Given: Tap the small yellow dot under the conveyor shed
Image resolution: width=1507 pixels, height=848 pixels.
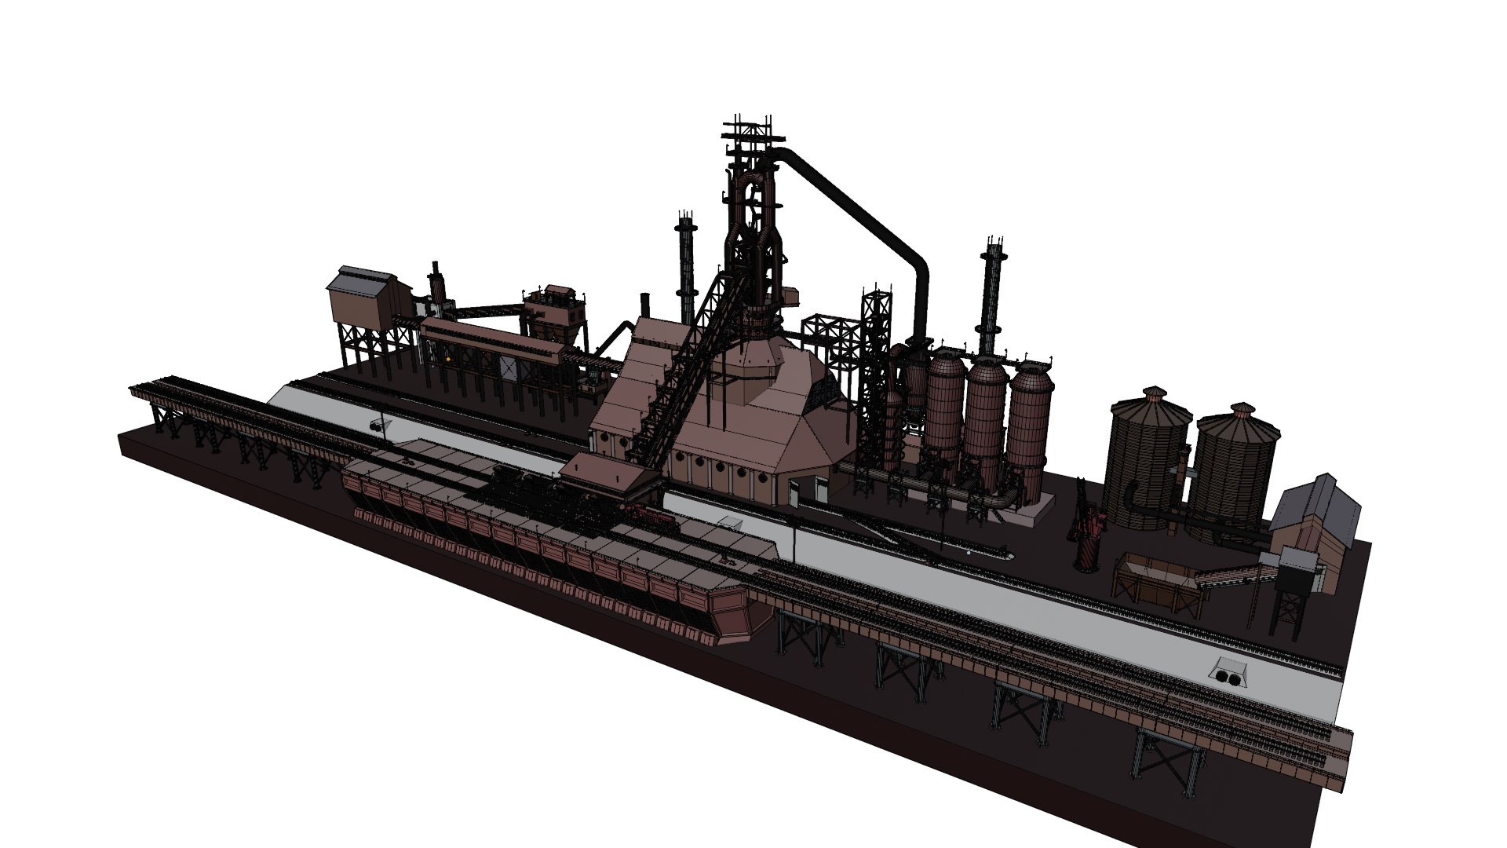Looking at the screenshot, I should (448, 359).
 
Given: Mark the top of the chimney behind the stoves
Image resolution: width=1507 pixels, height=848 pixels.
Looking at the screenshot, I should (994, 247).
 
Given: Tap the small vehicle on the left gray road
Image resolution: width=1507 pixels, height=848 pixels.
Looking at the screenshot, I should (379, 425).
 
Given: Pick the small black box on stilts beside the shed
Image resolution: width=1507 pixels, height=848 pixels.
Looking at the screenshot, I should (1295, 581).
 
